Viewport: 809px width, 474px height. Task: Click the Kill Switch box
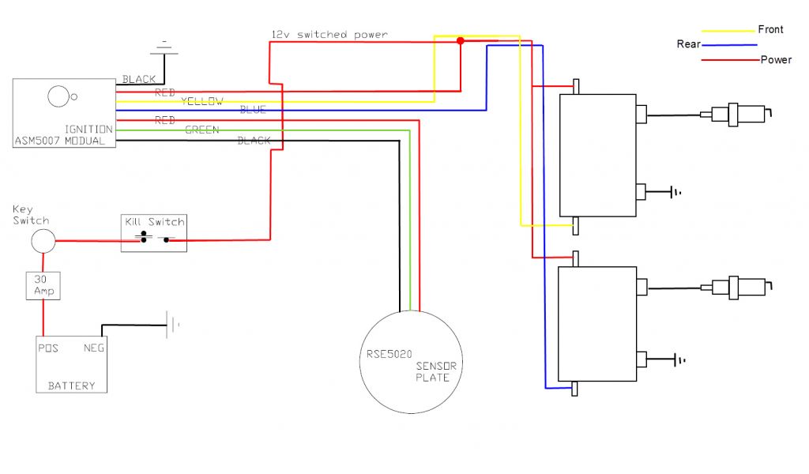[x=153, y=232]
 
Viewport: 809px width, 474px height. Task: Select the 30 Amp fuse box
[x=43, y=285]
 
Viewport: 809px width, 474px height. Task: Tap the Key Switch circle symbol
[x=43, y=241]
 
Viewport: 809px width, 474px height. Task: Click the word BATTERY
[x=71, y=386]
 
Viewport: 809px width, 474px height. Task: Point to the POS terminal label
[x=48, y=347]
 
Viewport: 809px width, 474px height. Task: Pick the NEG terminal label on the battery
[x=94, y=347]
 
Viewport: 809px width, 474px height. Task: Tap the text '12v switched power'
[x=329, y=35]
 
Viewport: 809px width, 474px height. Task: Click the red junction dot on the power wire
[x=461, y=41]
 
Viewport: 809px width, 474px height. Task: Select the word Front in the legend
[x=770, y=29]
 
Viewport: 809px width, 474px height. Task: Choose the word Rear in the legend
[x=688, y=44]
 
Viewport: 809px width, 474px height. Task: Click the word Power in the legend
[x=776, y=59]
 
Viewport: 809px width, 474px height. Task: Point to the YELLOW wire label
[x=201, y=101]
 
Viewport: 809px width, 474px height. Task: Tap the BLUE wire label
[x=253, y=110]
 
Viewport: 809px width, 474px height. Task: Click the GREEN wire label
[x=201, y=130]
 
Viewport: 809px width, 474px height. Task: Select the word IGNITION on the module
[x=88, y=128]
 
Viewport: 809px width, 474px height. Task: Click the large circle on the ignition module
[x=58, y=96]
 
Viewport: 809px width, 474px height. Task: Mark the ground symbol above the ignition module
[x=165, y=49]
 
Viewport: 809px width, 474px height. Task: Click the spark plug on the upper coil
[x=739, y=114]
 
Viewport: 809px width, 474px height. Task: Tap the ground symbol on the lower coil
[x=678, y=360]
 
